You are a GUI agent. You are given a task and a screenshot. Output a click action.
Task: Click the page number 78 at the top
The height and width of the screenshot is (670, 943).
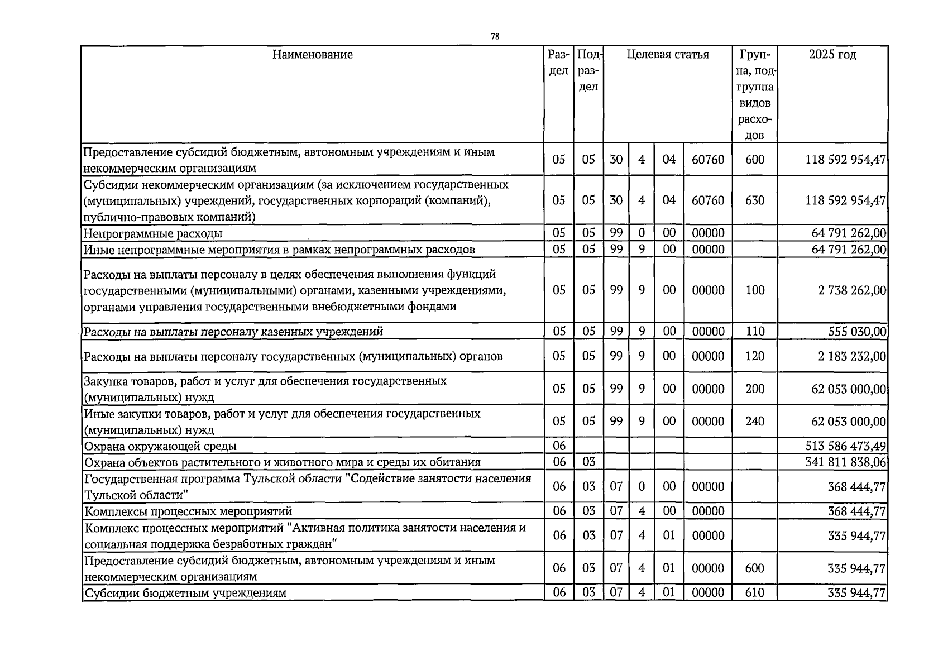click(495, 37)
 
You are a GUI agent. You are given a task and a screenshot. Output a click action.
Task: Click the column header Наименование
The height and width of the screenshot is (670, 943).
click(313, 55)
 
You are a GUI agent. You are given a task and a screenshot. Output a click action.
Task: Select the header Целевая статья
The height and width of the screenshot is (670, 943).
click(667, 55)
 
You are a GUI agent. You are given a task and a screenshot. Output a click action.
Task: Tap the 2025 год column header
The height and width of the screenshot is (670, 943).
click(832, 55)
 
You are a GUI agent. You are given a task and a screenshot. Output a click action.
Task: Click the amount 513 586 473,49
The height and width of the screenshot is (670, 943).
click(846, 446)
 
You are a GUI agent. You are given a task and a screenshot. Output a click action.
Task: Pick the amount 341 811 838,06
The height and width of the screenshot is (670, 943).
click(846, 462)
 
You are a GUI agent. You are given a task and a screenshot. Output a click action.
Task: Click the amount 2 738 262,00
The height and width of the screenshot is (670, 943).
click(852, 290)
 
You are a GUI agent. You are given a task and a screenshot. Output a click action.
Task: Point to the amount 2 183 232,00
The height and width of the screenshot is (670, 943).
click(852, 356)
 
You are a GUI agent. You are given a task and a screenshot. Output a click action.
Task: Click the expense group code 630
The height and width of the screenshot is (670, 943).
click(754, 200)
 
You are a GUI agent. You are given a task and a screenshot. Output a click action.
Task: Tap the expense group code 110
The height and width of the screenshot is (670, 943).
click(754, 332)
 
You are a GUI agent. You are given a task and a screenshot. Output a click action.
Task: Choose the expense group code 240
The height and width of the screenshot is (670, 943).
click(754, 422)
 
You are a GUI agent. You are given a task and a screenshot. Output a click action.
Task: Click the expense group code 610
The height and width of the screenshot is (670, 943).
click(754, 593)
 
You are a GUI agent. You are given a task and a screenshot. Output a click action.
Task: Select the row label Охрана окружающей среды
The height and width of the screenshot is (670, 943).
click(160, 446)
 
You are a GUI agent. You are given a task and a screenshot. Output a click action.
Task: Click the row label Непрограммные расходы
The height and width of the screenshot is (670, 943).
click(152, 233)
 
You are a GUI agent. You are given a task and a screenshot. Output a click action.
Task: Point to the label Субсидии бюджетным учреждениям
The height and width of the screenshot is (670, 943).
click(185, 593)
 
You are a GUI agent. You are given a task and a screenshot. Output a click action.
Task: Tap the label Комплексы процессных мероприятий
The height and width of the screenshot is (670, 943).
click(188, 511)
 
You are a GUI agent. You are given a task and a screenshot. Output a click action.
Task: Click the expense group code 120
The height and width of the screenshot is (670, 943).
click(754, 356)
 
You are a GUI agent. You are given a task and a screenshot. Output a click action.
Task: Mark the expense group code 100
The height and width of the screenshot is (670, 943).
click(754, 290)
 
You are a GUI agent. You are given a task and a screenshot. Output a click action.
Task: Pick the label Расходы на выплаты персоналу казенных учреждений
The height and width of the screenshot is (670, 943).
click(233, 332)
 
